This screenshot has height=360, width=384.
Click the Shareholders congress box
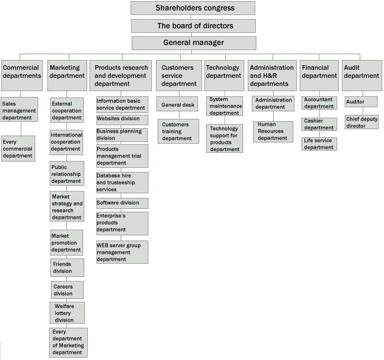(x=193, y=8)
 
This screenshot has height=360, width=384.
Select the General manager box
(x=194, y=43)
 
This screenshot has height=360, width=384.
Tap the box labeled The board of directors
(x=193, y=26)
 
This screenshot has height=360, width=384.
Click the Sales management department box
(x=20, y=110)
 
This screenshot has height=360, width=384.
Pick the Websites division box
(x=122, y=120)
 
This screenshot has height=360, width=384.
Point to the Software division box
(x=122, y=203)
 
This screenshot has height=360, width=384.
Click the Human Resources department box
(x=273, y=132)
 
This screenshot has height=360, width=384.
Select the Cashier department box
(x=319, y=124)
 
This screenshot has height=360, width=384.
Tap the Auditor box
(x=361, y=102)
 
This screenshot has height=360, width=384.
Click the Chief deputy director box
(x=361, y=122)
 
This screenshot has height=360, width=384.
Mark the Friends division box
(x=68, y=268)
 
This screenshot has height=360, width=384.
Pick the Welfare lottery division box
(x=68, y=313)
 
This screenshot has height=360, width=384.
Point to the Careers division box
(x=68, y=290)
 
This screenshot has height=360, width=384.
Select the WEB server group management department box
(x=122, y=252)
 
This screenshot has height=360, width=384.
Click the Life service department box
(x=319, y=144)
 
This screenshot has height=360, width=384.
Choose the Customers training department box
(x=178, y=131)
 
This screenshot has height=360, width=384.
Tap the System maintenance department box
(x=225, y=106)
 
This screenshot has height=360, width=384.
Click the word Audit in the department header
(x=352, y=67)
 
